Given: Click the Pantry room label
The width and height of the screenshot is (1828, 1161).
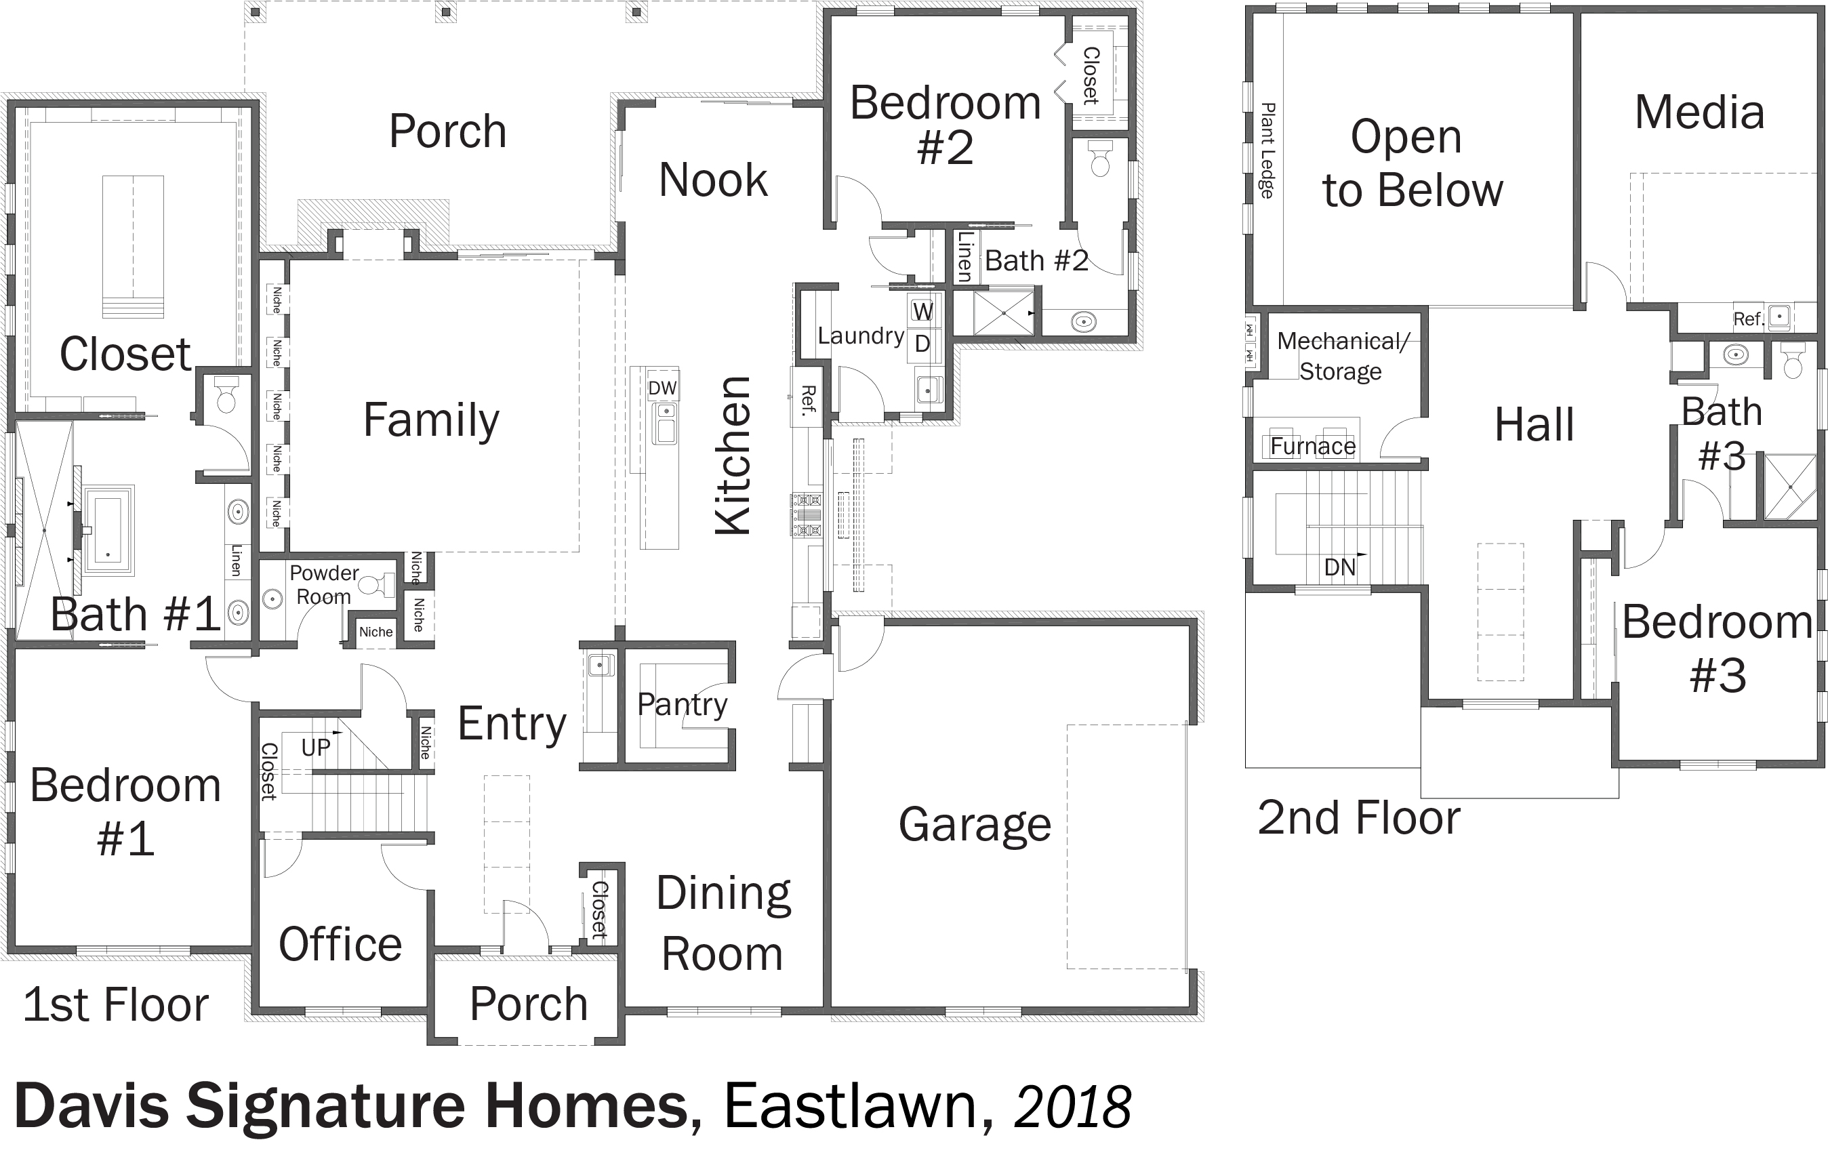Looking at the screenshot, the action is point(682,705).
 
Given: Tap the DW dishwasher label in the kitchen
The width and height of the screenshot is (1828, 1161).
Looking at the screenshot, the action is point(662,388).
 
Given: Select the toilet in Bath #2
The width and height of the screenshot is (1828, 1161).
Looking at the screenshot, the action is point(1100,157).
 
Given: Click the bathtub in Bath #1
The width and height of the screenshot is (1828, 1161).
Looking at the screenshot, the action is point(108,530).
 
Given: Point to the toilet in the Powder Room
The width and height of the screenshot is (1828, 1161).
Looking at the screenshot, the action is point(375,585).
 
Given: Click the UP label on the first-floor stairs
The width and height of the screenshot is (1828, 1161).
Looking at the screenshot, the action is point(316,748).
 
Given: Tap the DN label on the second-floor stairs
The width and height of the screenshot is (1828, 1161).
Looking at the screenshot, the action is point(1339,567).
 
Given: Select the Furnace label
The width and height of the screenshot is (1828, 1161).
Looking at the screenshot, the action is point(1313,446).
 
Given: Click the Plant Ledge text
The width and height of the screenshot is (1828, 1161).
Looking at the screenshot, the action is point(1266,150).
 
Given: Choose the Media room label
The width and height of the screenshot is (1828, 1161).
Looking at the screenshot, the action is point(1699,113).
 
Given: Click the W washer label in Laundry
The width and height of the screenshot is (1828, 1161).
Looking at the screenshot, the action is point(922,311).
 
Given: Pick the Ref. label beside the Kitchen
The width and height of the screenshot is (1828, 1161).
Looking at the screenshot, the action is point(808,400).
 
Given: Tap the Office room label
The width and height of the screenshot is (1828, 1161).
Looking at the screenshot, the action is point(340,945).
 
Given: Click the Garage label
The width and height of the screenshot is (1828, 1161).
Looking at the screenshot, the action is point(975,825).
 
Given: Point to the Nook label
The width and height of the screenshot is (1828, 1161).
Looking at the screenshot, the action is point(713,180).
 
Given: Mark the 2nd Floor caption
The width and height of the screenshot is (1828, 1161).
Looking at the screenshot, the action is point(1359,818).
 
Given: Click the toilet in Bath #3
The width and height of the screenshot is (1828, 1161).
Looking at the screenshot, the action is point(1792,360).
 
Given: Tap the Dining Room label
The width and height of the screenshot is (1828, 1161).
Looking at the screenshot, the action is point(723,923).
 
